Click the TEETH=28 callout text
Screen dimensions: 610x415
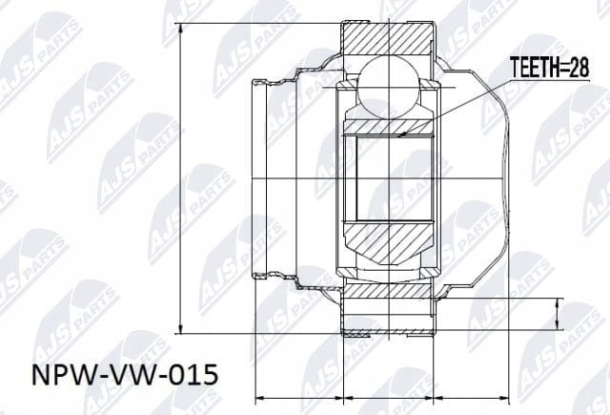549,68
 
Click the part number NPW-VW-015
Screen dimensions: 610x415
125,375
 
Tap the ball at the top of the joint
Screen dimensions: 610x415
389,86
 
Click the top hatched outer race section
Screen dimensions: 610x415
389,38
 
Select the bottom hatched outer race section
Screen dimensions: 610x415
388,291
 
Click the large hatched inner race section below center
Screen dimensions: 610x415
388,243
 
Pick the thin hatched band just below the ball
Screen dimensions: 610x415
388,127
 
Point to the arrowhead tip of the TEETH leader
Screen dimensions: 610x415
399,136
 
